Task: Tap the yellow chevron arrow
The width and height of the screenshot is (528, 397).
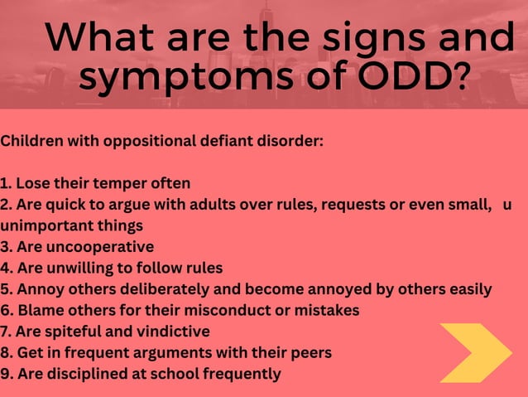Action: (x=475, y=352)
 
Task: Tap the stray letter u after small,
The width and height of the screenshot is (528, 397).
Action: (x=507, y=205)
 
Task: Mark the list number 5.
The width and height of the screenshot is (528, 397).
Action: (x=6, y=289)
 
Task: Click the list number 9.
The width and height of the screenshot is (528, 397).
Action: (x=6, y=374)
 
